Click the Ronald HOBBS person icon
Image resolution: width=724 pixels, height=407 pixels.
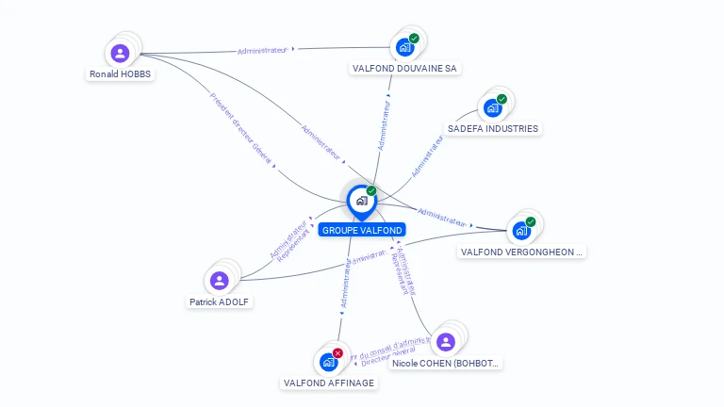pos(120,54)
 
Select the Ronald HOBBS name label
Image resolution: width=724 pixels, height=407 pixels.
pos(120,73)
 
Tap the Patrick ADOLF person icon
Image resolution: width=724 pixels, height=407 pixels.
pos(220,281)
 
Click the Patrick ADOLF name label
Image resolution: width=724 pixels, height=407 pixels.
pos(221,301)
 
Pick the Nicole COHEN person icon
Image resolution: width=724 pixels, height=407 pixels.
pos(446,342)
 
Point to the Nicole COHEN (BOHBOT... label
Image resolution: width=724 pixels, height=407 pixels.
pos(446,363)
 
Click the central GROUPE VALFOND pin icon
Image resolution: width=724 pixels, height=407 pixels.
pos(361,201)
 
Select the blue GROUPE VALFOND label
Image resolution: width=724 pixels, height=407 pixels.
pos(362,230)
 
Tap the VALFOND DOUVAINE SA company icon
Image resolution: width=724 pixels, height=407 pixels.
pos(405,47)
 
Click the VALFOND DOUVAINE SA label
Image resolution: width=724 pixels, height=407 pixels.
pos(405,68)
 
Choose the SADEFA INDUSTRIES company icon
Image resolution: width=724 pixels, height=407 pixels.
pos(493,107)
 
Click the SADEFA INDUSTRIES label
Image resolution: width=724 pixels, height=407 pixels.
pos(493,128)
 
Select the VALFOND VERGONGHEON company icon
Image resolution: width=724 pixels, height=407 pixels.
pos(521,231)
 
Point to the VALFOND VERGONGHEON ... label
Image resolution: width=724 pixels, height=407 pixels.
pos(521,252)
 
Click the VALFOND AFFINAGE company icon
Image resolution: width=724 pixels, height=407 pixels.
pos(328,362)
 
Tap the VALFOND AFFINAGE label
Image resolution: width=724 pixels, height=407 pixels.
pos(329,383)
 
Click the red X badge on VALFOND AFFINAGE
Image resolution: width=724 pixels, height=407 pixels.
pos(337,353)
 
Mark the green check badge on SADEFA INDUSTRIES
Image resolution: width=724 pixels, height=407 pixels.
pos(502,99)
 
